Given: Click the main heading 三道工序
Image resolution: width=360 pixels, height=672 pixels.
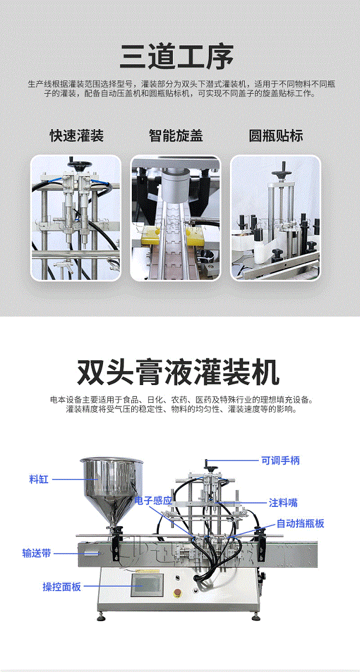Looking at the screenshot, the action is (x=177, y=57).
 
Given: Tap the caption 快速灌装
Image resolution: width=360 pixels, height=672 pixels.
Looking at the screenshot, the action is (x=76, y=136).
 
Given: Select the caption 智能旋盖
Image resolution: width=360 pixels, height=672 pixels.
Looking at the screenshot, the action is (x=176, y=136).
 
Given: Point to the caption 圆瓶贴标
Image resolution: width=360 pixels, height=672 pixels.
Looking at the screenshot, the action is (x=276, y=136).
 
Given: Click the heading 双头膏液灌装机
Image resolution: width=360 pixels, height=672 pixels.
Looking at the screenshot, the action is (x=178, y=372).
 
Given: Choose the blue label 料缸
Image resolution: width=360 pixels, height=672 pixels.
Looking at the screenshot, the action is (x=39, y=479).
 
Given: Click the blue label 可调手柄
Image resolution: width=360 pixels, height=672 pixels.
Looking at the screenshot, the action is (x=280, y=460).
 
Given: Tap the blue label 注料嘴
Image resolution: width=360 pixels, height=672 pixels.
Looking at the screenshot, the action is (x=283, y=502).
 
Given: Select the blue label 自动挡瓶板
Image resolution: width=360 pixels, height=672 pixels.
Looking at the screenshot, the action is (x=300, y=524).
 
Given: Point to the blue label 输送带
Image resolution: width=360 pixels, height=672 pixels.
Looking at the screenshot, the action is (x=37, y=553).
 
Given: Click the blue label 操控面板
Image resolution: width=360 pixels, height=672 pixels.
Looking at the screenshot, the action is (x=62, y=587).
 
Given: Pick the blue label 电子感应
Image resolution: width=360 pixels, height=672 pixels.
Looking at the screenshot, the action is (x=153, y=500).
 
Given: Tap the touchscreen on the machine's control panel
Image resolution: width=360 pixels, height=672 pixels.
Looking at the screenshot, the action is (x=147, y=585).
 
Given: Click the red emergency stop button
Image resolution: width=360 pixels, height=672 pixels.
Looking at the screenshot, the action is (x=178, y=592).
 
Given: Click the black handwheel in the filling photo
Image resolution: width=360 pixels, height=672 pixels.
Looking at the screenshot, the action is (x=79, y=164).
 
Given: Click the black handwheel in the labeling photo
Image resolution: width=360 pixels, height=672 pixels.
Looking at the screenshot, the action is (x=282, y=172).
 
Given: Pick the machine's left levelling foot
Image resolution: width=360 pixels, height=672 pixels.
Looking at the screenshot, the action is (x=101, y=617).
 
